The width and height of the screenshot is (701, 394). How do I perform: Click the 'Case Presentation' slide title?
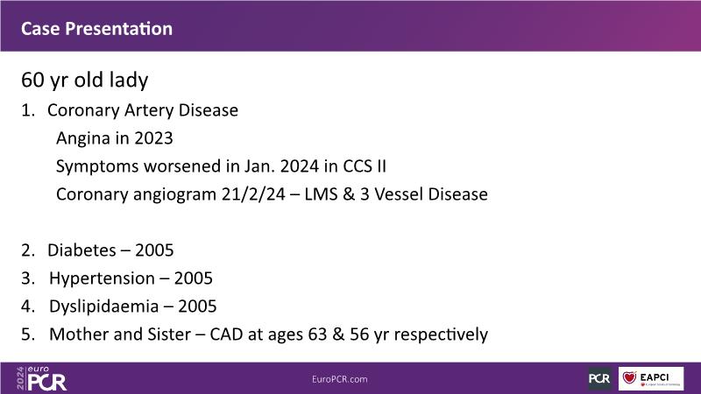click(x=96, y=29)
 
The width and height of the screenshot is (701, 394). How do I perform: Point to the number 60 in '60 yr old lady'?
click(x=32, y=80)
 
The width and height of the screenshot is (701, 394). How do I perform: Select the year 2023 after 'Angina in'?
click(x=153, y=138)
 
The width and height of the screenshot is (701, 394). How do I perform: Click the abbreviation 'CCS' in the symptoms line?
click(x=358, y=166)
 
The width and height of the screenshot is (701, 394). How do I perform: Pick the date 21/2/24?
click(x=253, y=194)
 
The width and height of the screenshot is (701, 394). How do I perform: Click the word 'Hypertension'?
click(x=102, y=278)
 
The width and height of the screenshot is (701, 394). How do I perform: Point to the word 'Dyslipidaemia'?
click(x=103, y=306)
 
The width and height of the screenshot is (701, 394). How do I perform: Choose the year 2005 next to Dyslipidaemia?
click(x=197, y=306)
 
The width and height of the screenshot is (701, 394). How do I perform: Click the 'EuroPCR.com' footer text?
click(x=340, y=379)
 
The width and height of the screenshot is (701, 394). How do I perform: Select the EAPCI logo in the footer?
click(x=651, y=378)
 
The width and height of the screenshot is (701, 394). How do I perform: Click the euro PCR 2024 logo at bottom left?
click(x=41, y=378)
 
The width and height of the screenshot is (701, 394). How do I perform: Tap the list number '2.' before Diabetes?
click(x=28, y=250)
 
